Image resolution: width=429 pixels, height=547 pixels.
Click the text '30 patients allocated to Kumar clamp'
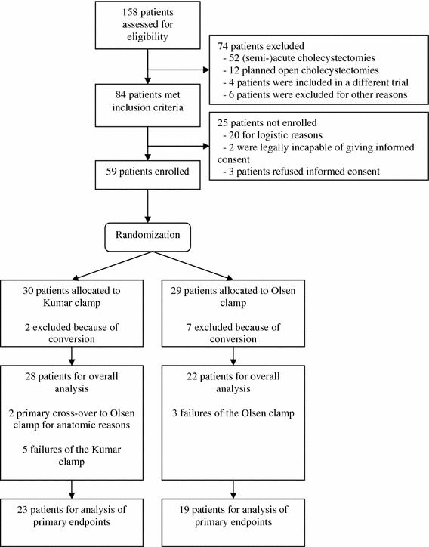(68, 296)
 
